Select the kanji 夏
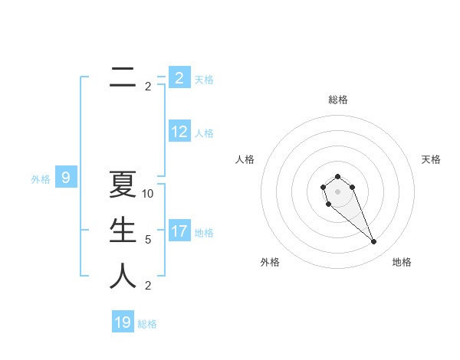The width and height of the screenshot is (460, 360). (123, 185)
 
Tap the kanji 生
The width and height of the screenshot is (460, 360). (123, 231)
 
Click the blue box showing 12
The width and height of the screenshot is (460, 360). (179, 132)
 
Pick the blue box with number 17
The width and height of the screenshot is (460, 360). (179, 231)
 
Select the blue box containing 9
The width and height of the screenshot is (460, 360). (66, 178)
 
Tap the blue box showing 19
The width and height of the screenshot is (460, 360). (123, 322)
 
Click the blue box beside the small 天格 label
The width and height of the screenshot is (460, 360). (179, 78)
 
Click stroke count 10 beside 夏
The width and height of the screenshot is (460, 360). (148, 194)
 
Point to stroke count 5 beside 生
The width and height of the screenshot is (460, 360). (148, 240)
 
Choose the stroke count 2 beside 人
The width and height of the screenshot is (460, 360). (148, 286)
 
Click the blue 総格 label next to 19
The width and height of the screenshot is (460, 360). (147, 324)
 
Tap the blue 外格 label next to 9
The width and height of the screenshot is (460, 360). (41, 180)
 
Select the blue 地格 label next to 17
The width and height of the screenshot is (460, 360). (204, 233)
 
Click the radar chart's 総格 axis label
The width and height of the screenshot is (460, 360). (337, 100)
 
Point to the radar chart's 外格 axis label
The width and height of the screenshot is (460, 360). (270, 262)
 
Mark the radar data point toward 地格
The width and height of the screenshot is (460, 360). (373, 242)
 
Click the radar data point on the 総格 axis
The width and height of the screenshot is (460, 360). (337, 177)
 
